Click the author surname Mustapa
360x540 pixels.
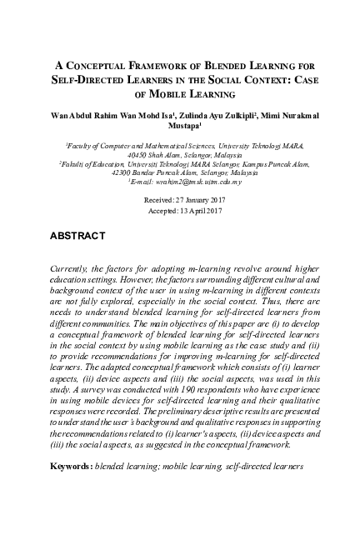coord(178,127)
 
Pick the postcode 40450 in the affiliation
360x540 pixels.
coord(137,155)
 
